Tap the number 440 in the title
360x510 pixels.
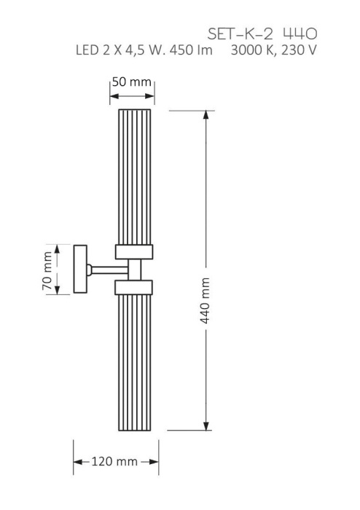coord(300,34)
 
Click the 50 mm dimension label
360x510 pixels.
coord(132,82)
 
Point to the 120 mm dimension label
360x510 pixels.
coord(116,462)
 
